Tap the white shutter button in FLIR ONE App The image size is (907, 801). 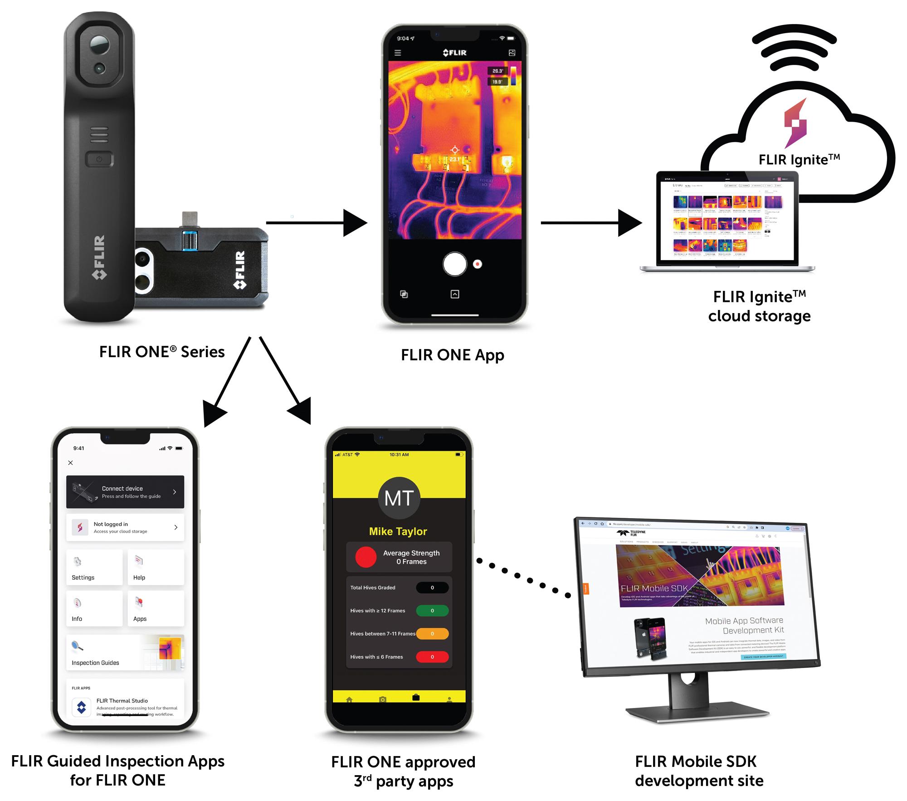454,264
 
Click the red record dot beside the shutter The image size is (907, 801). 477,264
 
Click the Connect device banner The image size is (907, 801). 125,492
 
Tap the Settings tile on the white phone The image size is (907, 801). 94,567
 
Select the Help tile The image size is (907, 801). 156,567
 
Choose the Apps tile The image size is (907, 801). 156,609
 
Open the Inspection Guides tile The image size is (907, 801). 125,653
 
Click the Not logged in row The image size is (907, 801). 125,527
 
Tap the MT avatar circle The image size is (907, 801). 399,498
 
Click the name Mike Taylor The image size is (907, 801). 398,531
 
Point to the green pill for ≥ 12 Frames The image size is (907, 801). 432,611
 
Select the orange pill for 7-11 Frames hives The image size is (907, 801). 432,634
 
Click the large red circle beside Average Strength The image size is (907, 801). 366,557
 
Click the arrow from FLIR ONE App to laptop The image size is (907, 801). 590,223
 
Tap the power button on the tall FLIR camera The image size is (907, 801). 99,159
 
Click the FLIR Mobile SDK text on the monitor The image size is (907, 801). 653,589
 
